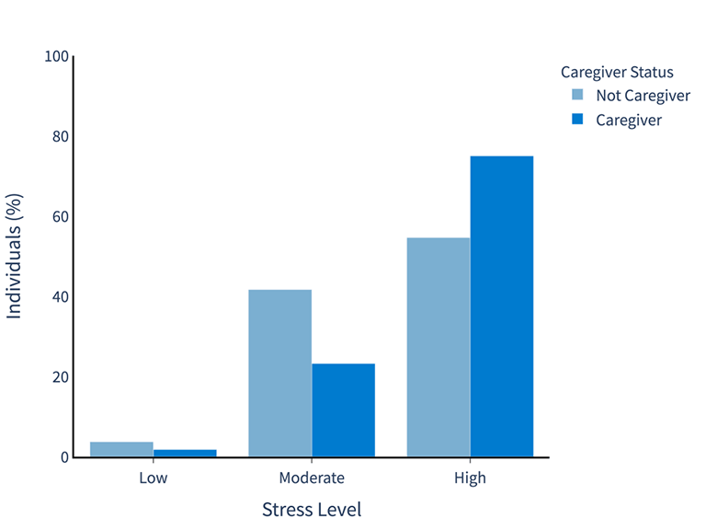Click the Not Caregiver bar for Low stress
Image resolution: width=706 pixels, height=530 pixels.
(x=121, y=449)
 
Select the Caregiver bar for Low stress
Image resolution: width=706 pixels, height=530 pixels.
(x=185, y=453)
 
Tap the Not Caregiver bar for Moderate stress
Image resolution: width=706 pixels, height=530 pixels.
(x=279, y=373)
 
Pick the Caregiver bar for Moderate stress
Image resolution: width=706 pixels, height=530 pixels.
(x=343, y=409)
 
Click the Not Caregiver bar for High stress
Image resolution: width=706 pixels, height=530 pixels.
(x=438, y=347)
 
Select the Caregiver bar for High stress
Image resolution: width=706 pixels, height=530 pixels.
(x=502, y=306)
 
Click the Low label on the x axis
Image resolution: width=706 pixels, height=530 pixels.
(x=154, y=478)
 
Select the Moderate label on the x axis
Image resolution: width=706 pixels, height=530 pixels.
(x=312, y=478)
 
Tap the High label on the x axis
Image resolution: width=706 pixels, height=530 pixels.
(x=470, y=478)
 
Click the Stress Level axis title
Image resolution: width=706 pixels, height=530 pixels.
(x=312, y=510)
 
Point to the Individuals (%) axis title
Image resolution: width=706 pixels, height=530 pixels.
(x=15, y=257)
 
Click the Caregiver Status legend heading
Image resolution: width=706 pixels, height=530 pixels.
(x=617, y=72)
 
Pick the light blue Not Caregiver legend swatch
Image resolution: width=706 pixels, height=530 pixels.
(x=577, y=96)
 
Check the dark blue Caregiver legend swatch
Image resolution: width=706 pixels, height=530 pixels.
(x=577, y=120)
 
